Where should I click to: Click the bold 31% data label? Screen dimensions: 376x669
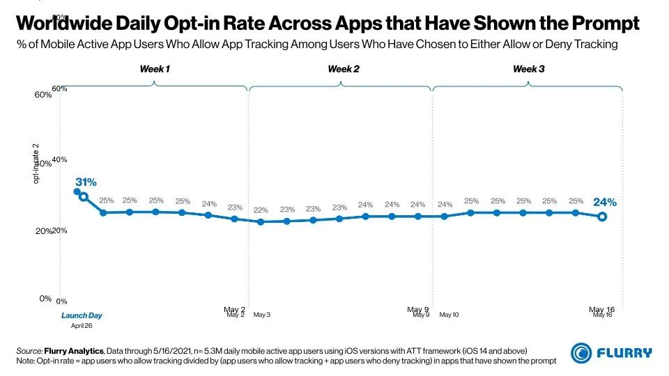click(x=86, y=182)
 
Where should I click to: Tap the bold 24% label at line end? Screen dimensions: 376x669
click(x=604, y=202)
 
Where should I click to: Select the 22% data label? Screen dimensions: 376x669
click(x=261, y=210)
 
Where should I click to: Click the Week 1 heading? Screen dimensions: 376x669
click(x=154, y=69)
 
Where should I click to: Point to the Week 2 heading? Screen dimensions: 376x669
click(x=344, y=69)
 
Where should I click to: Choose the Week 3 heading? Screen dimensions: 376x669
click(x=529, y=69)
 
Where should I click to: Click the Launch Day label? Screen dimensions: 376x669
click(x=82, y=315)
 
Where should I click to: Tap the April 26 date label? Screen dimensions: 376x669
click(x=82, y=325)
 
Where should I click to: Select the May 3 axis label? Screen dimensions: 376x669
click(x=262, y=315)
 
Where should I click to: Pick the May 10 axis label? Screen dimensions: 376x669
click(x=449, y=315)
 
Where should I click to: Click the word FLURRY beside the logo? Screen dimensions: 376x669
click(x=624, y=353)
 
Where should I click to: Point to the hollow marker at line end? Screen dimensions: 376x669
click(x=602, y=217)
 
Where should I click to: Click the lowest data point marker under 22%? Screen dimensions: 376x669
click(x=261, y=222)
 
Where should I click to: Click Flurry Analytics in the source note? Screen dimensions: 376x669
click(x=74, y=350)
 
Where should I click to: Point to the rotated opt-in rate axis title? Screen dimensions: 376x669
click(x=36, y=164)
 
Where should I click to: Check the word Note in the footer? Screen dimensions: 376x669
click(x=26, y=361)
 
